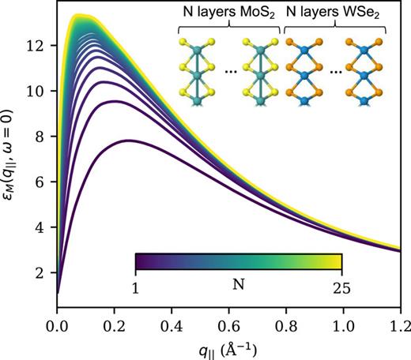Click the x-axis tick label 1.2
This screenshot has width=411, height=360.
(x=401, y=324)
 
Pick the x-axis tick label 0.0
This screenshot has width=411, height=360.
(x=57, y=324)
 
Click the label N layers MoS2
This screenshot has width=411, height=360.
(x=228, y=17)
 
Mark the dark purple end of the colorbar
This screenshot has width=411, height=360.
(x=139, y=261)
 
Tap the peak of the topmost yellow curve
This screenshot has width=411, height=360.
(x=77, y=15)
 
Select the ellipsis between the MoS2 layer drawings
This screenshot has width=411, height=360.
(x=231, y=71)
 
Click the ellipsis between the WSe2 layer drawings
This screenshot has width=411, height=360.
(x=335, y=71)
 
